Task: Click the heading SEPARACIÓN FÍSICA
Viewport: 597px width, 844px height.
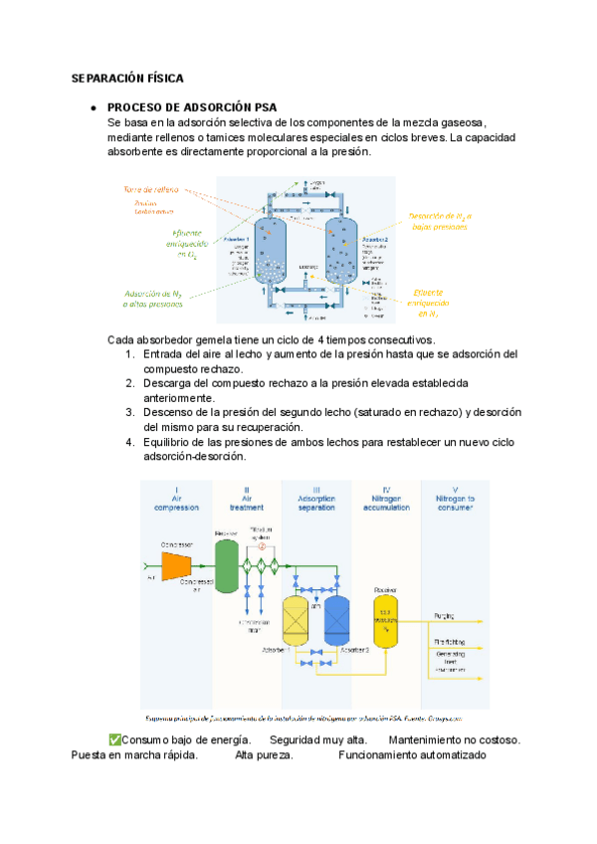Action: coord(127,78)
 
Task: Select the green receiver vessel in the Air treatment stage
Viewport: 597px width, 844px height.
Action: coord(227,566)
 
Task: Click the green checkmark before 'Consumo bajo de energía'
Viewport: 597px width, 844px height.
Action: coord(114,739)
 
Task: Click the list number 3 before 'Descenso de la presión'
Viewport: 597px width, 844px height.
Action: coord(130,412)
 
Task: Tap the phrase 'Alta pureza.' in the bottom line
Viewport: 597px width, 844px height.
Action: coord(264,755)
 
